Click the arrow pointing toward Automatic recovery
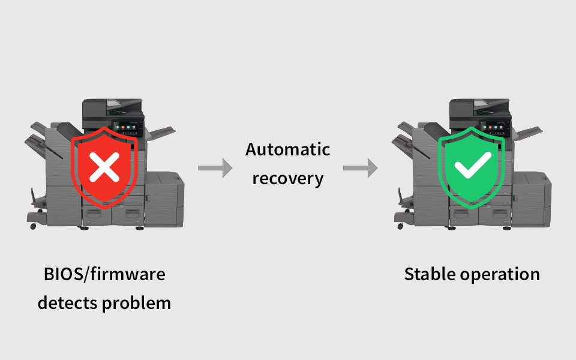click(x=215, y=168)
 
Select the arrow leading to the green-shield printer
click(x=360, y=168)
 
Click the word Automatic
click(x=287, y=149)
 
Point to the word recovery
click(x=287, y=178)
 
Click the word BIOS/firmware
click(x=104, y=274)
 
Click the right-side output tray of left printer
click(x=160, y=133)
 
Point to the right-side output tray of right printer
click(x=527, y=133)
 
